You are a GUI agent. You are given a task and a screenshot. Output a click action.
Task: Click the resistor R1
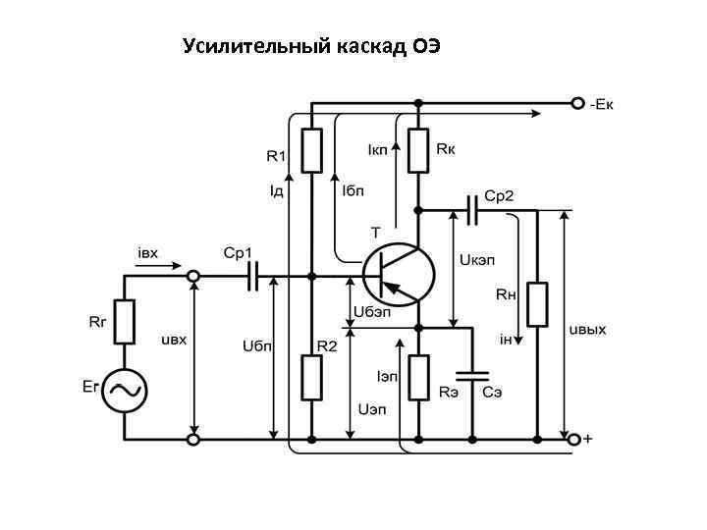[x=311, y=149]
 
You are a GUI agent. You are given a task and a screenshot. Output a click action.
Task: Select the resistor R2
[x=311, y=378]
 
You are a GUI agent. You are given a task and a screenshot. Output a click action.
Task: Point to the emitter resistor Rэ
[x=419, y=378]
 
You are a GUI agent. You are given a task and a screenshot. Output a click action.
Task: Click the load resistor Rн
[x=537, y=304]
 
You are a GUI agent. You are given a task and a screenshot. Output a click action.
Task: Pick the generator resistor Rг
[x=125, y=323]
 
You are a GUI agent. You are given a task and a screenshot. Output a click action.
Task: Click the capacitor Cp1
[x=257, y=278]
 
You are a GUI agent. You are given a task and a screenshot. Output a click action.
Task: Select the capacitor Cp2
[x=474, y=208]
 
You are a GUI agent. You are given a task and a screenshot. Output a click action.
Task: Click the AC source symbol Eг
[x=125, y=390]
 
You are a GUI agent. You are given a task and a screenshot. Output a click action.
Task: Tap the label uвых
[x=588, y=329]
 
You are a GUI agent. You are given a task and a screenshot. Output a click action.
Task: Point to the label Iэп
[x=387, y=377]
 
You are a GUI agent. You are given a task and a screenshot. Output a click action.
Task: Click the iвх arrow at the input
[x=162, y=265]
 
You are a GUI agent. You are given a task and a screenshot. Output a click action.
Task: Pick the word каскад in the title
[x=364, y=46]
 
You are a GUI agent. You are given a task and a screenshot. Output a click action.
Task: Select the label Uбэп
[x=372, y=311]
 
